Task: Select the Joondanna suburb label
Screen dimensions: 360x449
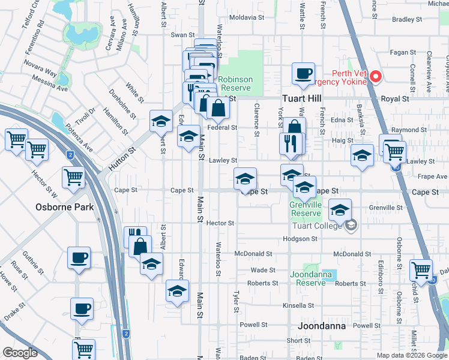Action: (x=321, y=326)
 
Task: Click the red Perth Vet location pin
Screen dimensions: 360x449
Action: (x=376, y=77)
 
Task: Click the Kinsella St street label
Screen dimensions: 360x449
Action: (x=295, y=305)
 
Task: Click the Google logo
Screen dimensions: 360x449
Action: (x=19, y=353)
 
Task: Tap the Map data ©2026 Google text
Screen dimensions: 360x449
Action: (x=411, y=355)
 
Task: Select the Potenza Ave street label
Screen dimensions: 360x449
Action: (x=80, y=140)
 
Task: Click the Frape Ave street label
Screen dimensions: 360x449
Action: (x=433, y=176)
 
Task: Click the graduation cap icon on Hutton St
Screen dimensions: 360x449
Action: (x=161, y=122)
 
